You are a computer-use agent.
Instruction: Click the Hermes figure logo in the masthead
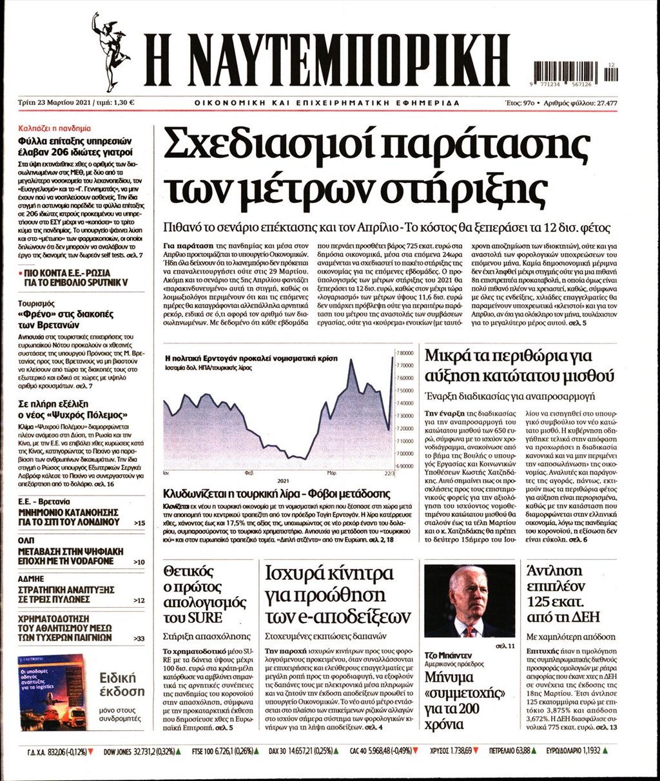coord(108,52)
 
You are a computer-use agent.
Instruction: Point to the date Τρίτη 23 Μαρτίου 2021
coord(55,102)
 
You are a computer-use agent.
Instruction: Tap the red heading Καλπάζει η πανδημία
coord(54,128)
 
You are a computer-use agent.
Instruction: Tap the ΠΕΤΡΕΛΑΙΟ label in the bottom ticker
coord(496,751)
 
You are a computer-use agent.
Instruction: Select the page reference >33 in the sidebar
coord(138,639)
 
